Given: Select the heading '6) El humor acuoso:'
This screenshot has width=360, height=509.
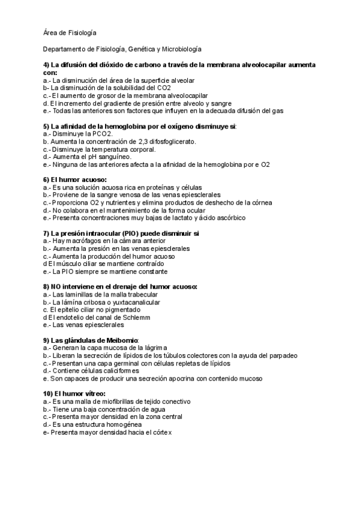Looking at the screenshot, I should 74,180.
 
